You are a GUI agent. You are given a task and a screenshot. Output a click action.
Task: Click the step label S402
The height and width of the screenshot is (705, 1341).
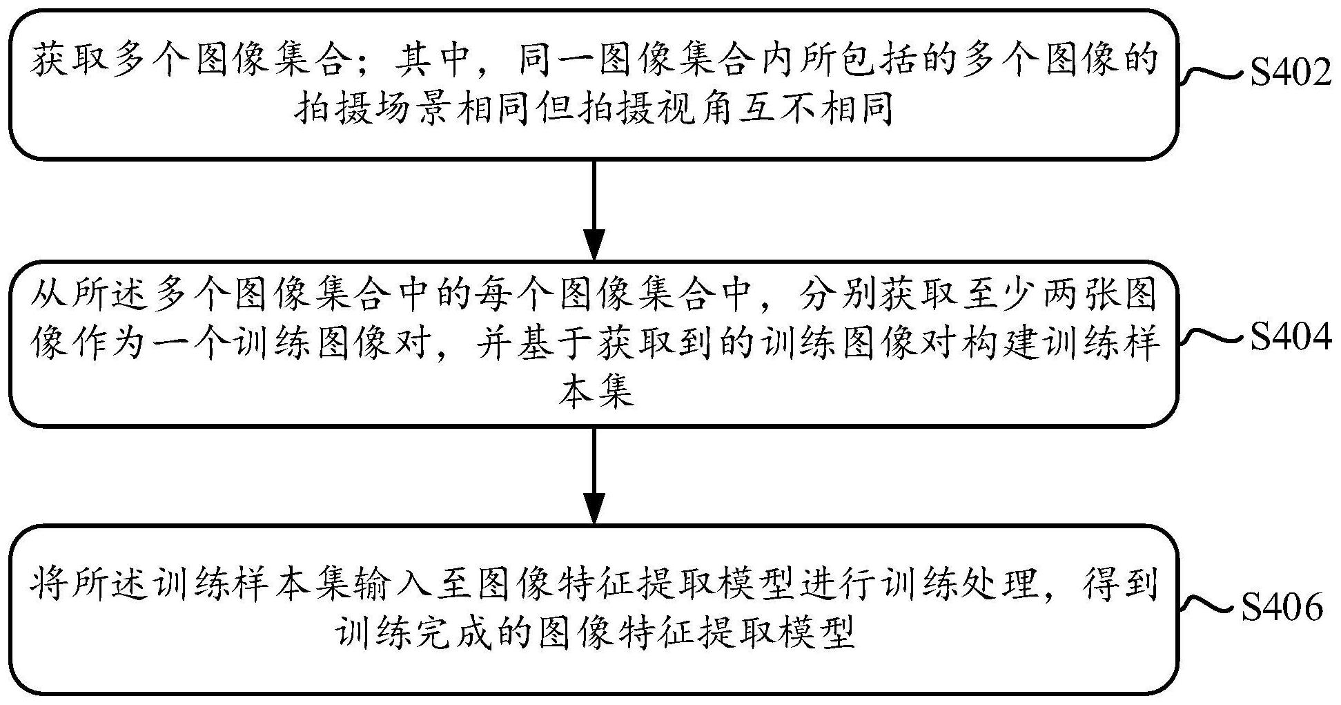1289,73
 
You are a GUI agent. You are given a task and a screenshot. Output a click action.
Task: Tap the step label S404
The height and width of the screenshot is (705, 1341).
1289,337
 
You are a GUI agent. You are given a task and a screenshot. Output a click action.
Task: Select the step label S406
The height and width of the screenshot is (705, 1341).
1282,608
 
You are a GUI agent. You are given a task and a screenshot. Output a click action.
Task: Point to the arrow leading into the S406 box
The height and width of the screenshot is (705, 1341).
594,476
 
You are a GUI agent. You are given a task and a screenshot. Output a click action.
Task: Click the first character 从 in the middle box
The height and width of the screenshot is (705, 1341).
48,296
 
